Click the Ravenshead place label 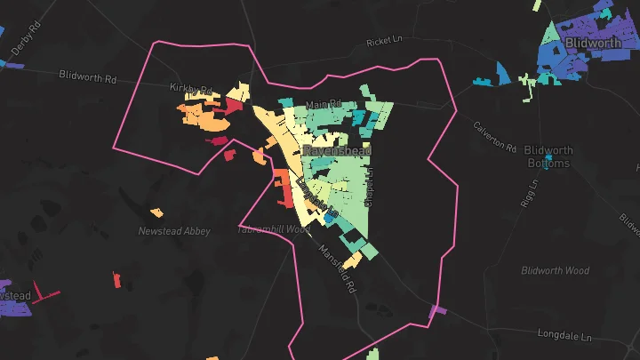pyautogui.click(x=331, y=151)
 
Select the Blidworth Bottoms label pyautogui.click(x=548, y=156)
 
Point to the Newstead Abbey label pyautogui.click(x=174, y=231)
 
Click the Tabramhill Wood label pyautogui.click(x=273, y=229)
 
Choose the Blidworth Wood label pyautogui.click(x=556, y=270)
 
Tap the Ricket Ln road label pyautogui.click(x=384, y=43)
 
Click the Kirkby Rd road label pyautogui.click(x=191, y=89)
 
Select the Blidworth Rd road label pyautogui.click(x=88, y=76)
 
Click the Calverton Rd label pyautogui.click(x=494, y=135)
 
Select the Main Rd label pyautogui.click(x=324, y=106)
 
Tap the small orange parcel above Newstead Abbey pyautogui.click(x=156, y=212)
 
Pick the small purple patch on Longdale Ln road pyautogui.click(x=436, y=311)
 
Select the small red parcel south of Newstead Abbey pyautogui.click(x=118, y=281)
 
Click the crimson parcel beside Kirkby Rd pyautogui.click(x=232, y=108)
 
